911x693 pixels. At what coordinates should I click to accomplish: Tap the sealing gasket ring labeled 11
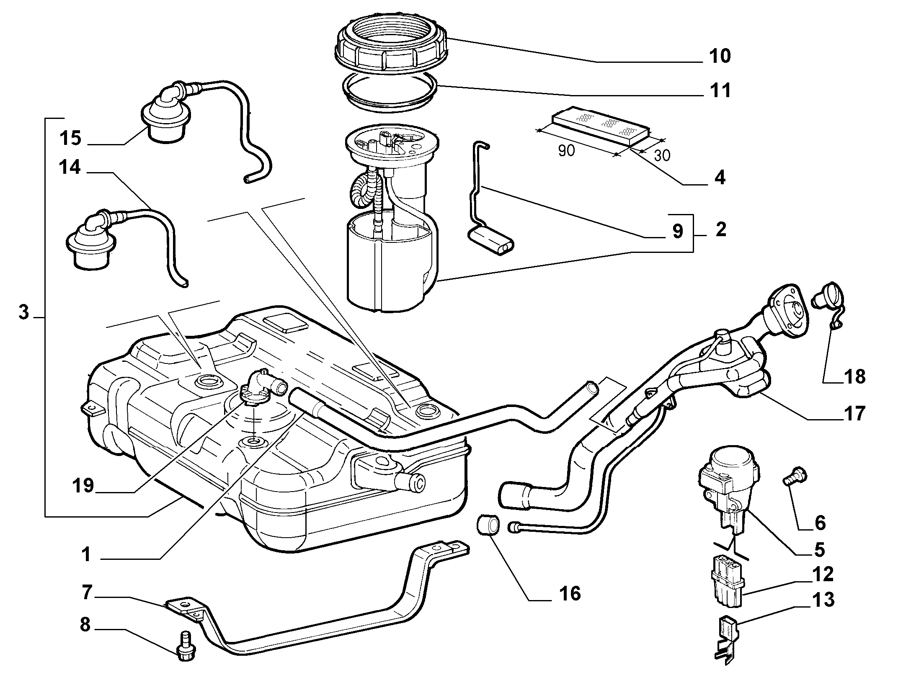(x=390, y=90)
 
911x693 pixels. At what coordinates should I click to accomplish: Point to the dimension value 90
(x=566, y=150)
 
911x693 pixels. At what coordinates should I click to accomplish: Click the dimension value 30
(x=661, y=155)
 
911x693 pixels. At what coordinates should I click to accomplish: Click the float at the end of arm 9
(x=490, y=241)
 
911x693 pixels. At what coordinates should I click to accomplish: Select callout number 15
(x=70, y=138)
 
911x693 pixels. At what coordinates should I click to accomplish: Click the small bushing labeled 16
(x=488, y=525)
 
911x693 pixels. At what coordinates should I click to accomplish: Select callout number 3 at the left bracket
(x=24, y=312)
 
